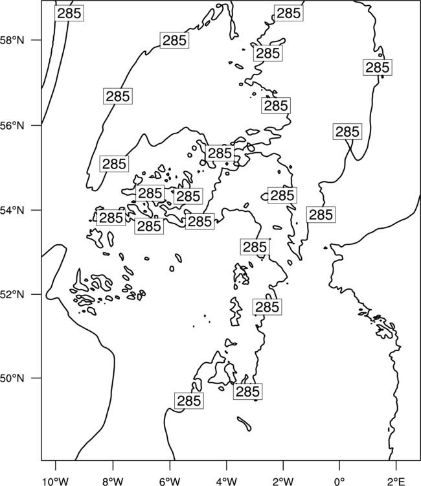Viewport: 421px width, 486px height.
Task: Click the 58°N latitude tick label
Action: [12, 40]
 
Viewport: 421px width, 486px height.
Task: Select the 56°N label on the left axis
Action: [12, 126]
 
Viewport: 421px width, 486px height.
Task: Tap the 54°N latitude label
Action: [12, 210]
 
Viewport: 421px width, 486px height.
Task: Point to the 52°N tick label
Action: [12, 294]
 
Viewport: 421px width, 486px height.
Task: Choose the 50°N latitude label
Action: [12, 378]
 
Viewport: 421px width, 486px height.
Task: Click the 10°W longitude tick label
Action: [56, 481]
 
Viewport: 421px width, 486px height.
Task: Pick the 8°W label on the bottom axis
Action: [113, 481]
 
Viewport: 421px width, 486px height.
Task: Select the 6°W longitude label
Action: [170, 481]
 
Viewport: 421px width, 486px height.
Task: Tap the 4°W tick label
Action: [227, 481]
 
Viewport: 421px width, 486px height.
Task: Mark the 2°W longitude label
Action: [283, 481]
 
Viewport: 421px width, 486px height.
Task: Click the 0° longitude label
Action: [339, 481]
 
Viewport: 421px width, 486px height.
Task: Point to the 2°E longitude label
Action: [396, 481]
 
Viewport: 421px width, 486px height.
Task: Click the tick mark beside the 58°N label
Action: [36, 40]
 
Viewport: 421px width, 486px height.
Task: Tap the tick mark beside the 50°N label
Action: [36, 378]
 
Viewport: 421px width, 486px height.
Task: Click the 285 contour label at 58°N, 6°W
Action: [174, 40]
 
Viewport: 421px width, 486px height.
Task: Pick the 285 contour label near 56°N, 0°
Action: [348, 132]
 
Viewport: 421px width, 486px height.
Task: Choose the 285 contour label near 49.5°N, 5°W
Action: [189, 400]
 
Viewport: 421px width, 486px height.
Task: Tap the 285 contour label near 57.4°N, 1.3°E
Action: [378, 67]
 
